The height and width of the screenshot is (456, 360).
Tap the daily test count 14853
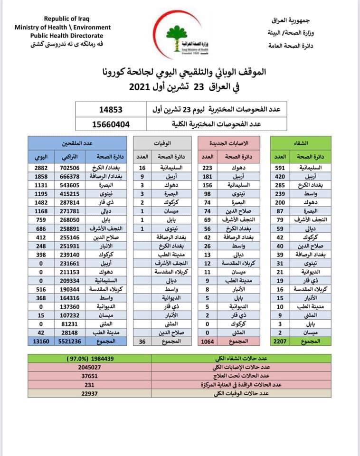tap(111, 110)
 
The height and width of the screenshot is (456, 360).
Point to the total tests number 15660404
tap(111, 125)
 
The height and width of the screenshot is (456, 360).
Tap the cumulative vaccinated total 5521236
tap(68, 354)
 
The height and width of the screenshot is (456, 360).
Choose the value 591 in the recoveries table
tap(280, 168)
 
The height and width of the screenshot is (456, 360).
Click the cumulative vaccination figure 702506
tap(68, 168)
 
